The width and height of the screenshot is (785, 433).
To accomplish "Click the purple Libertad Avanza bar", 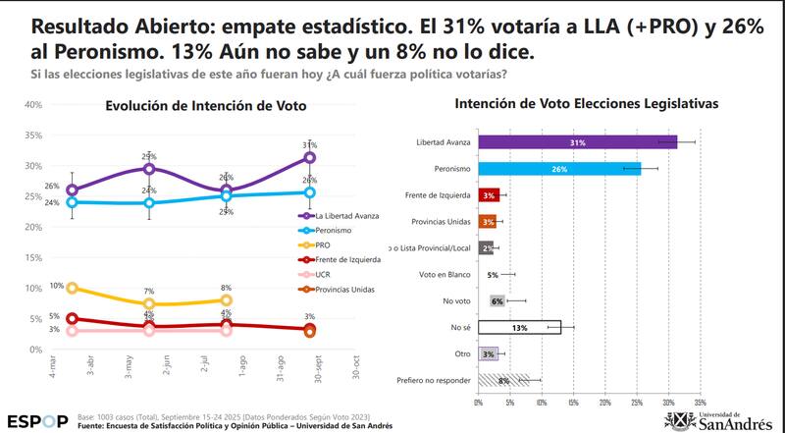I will pyautogui.click(x=577, y=142).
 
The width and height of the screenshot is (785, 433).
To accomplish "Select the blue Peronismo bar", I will pyautogui.click(x=559, y=169).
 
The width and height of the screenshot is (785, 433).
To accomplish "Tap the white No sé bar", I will pyautogui.click(x=519, y=327).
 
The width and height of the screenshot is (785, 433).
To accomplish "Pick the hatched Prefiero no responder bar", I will pyautogui.click(x=503, y=379).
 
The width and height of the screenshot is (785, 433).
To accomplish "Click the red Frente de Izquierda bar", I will pyautogui.click(x=489, y=195).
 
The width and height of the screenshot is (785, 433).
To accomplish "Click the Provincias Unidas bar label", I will pyautogui.click(x=445, y=222).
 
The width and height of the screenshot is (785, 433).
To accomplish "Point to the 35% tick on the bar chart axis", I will pyautogui.click(x=700, y=402).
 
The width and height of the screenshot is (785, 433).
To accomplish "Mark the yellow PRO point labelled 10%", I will pyautogui.click(x=72, y=288).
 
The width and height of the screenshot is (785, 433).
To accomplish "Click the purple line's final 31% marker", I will pyautogui.click(x=309, y=157).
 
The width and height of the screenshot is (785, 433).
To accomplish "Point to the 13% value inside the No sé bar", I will pyautogui.click(x=518, y=327).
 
